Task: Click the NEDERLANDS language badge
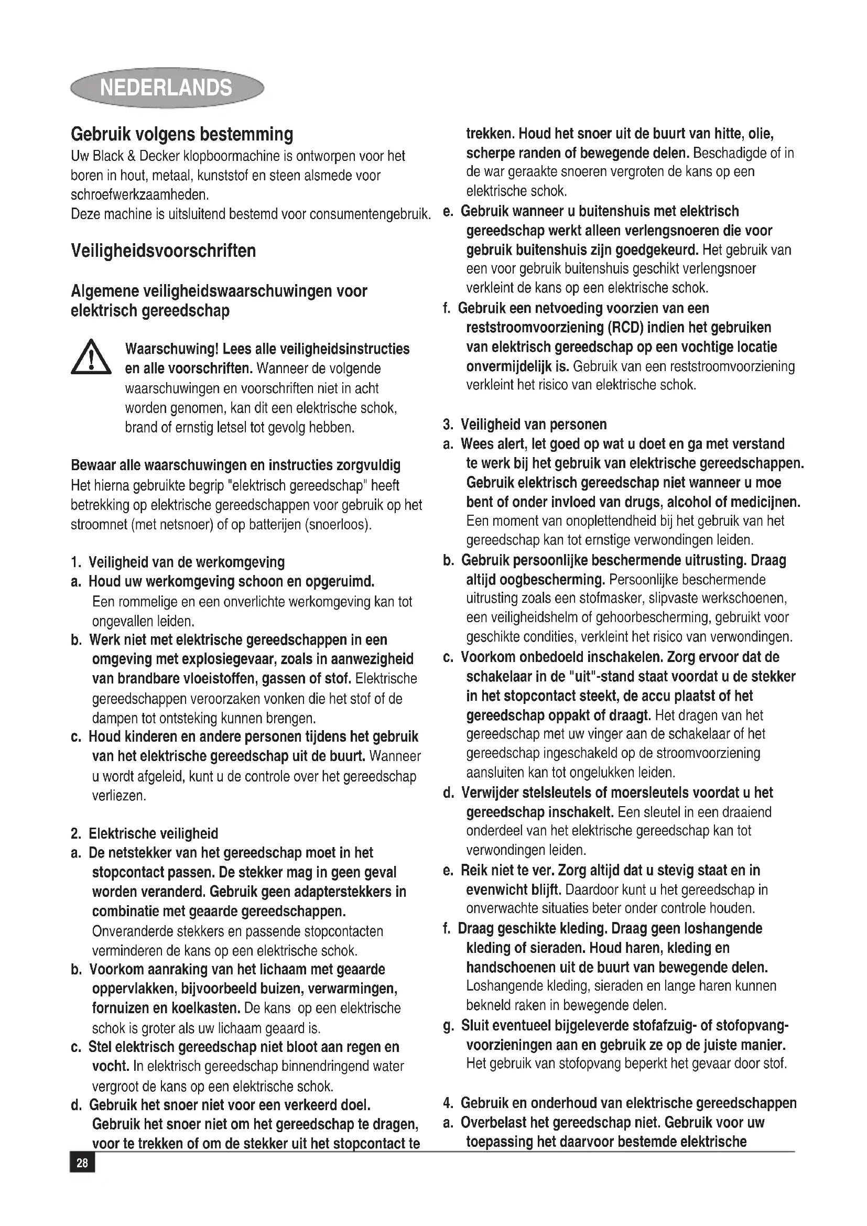(167, 88)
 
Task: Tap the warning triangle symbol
(91, 357)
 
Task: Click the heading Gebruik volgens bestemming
(182, 134)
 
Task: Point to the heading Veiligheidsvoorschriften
(164, 251)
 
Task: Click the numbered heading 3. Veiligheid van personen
(525, 425)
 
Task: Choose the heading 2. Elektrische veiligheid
(145, 833)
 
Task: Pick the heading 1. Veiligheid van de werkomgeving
(178, 562)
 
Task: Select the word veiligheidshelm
(530, 618)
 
